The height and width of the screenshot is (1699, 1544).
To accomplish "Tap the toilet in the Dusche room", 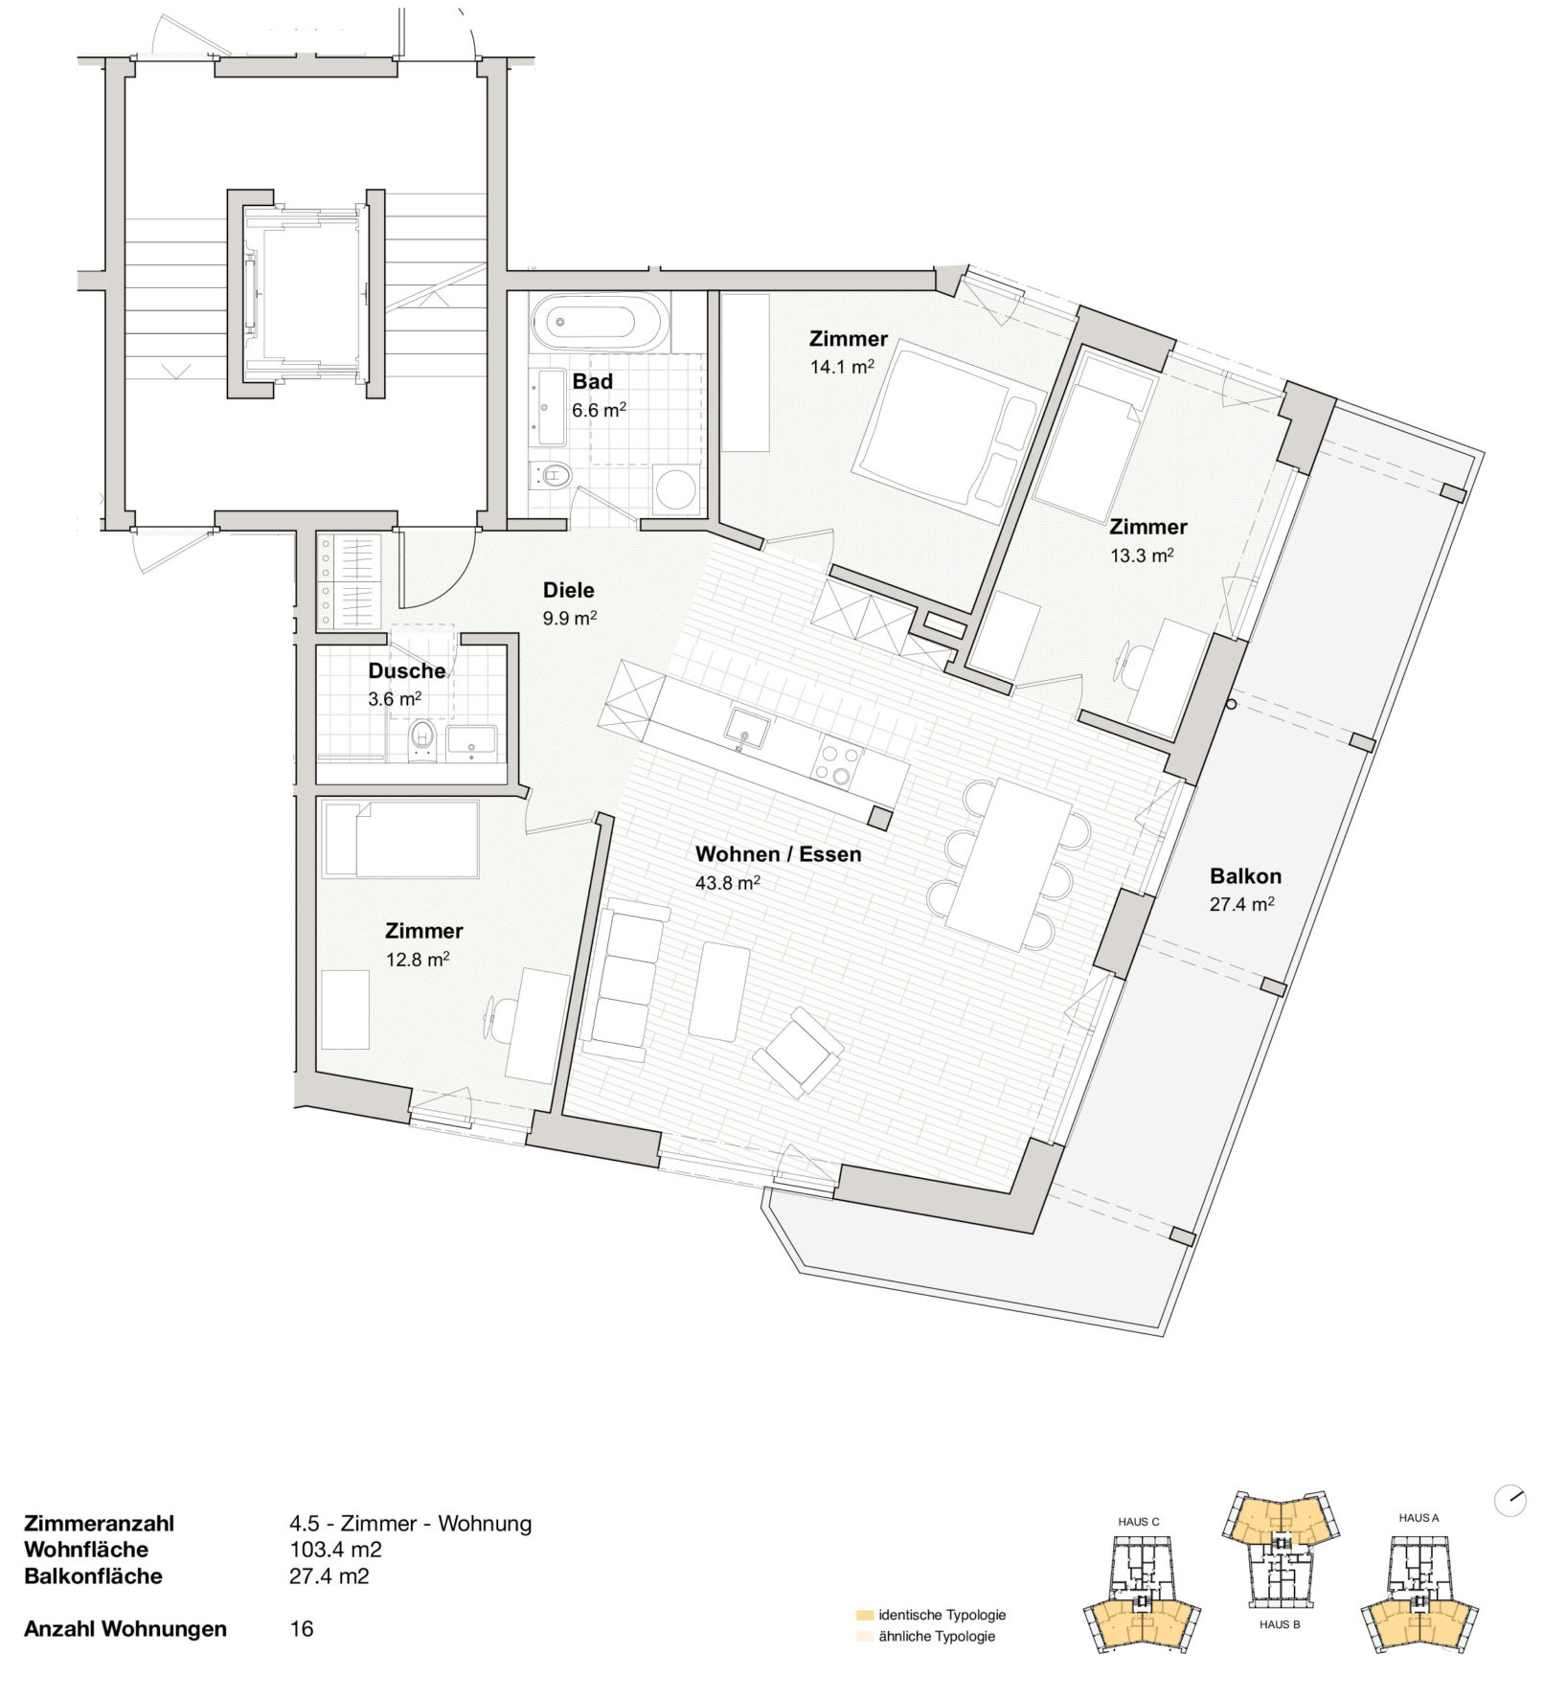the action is point(422,739).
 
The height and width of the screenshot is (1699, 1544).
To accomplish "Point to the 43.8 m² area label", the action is point(728,882).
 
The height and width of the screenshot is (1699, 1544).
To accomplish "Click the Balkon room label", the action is point(1245,875).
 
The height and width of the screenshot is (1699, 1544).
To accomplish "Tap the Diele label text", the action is point(569,590).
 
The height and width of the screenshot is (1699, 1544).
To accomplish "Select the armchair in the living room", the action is point(799,1053).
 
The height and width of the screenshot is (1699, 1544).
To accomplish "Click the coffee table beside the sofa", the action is point(719,991).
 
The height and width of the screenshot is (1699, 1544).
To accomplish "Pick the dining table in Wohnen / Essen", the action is point(1009,864).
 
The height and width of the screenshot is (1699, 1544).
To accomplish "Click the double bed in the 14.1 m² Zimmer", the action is point(948,431).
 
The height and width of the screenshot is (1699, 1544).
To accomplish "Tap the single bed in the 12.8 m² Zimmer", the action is point(400,840).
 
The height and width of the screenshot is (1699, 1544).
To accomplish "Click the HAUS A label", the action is point(1419,1517).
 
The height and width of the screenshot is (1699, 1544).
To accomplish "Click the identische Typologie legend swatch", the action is point(865,1615).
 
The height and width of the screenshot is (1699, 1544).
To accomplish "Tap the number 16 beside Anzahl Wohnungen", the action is point(302,1628).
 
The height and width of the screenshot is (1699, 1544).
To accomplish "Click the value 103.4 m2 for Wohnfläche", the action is point(335,1549).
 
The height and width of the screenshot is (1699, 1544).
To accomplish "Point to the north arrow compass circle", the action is point(1510,1501).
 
